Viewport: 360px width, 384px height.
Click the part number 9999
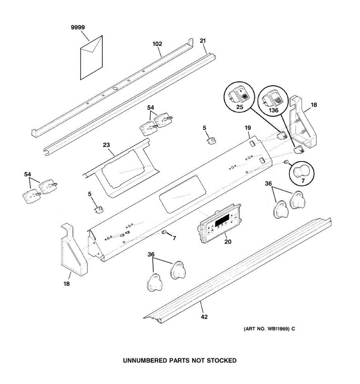pos(78,28)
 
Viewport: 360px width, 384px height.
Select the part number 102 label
pos(157,44)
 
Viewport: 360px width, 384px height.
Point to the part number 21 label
pos(203,41)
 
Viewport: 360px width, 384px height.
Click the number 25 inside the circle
pos(240,108)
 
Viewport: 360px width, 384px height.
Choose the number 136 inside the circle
pos(273,110)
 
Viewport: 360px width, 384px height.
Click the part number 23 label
pos(106,145)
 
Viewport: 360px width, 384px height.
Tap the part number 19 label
pos(248,128)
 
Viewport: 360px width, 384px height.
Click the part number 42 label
pos(204,317)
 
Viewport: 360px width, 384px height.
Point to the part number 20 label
pos(228,242)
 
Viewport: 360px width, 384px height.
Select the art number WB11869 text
pos(276,329)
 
